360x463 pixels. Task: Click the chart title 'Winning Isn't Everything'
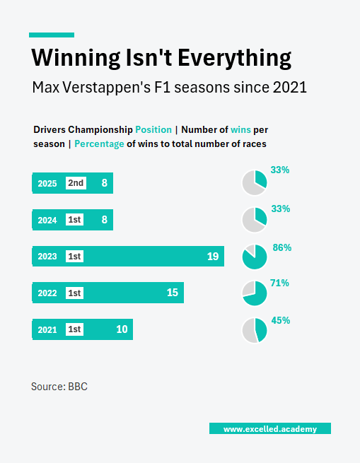pos(162,57)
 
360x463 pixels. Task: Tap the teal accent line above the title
pos(51,35)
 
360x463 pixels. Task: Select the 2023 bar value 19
pos(212,257)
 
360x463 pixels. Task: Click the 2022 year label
pos(47,293)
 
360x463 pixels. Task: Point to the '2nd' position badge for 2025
pos(75,183)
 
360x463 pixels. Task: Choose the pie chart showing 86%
pos(255,257)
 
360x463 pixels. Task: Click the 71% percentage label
pos(279,283)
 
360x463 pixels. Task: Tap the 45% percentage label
pos(281,320)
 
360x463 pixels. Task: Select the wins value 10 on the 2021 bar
pos(122,329)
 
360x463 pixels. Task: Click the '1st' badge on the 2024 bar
pos(74,220)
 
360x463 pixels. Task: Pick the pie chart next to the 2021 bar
pos(255,330)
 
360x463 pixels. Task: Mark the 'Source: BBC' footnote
pos(59,387)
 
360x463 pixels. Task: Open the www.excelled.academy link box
pos(269,429)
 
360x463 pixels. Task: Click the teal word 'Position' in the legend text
pos(153,130)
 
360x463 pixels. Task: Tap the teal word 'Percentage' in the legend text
pos(99,143)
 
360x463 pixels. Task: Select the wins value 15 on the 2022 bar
pos(172,293)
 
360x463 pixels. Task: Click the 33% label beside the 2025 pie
pos(280,170)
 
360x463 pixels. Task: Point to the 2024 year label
pos(47,220)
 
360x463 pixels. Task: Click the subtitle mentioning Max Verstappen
pos(169,88)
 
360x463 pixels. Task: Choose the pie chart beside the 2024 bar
pos(255,220)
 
